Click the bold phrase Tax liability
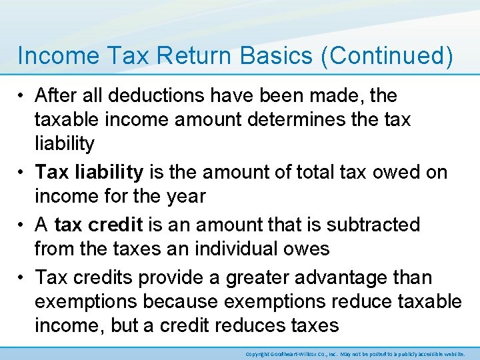point(89,172)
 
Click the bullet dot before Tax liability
point(23,172)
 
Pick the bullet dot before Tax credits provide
point(23,277)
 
